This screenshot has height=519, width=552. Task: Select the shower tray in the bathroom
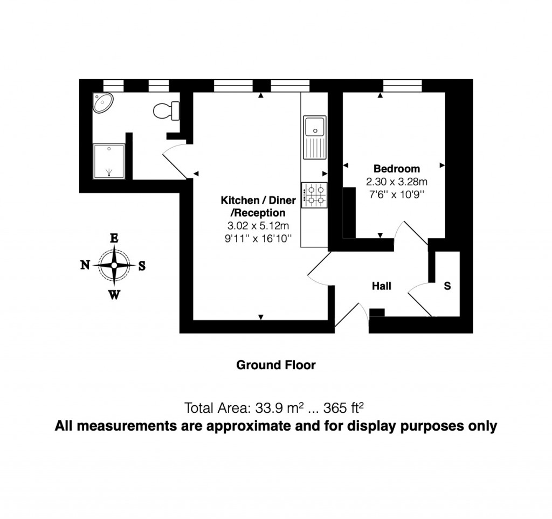(x=109, y=161)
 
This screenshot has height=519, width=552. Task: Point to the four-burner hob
(x=315, y=195)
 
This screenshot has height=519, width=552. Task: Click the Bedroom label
(x=397, y=169)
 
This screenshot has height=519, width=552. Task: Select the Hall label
(x=382, y=286)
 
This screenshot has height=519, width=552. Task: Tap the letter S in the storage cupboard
(x=447, y=286)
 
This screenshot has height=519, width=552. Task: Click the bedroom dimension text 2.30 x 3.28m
(x=397, y=182)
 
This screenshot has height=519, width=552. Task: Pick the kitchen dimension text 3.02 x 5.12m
(x=259, y=226)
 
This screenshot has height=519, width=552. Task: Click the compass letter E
(x=114, y=238)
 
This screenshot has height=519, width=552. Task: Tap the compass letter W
(x=114, y=294)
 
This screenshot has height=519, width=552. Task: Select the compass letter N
(x=85, y=265)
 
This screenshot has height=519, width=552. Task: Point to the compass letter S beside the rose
(x=142, y=265)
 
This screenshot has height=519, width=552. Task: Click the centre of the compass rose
(x=114, y=265)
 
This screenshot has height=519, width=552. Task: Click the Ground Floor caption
(x=276, y=365)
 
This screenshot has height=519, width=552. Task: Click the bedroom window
(x=402, y=85)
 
